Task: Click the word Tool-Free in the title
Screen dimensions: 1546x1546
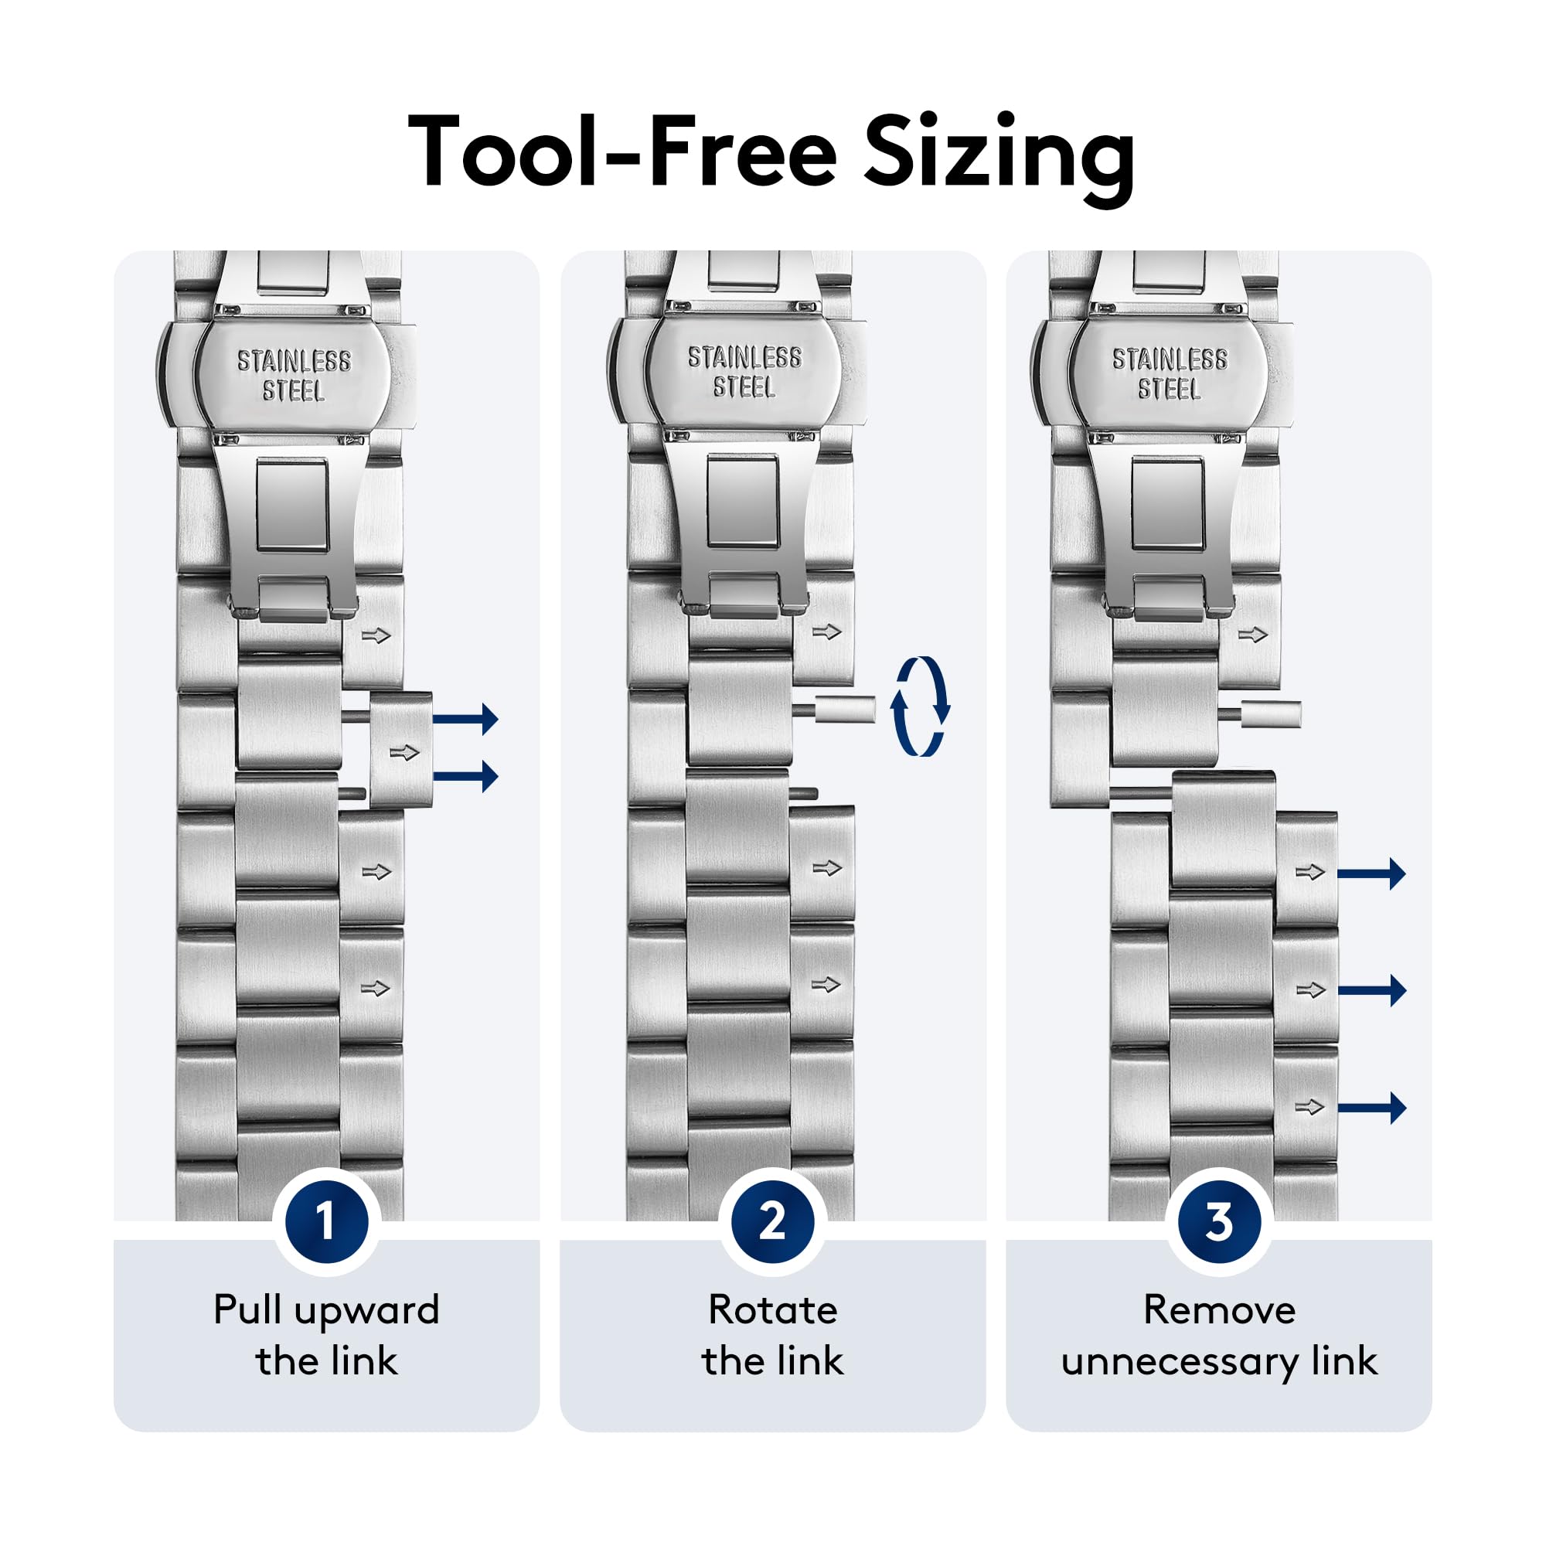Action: (x=622, y=152)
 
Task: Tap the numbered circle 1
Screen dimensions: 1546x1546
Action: (x=325, y=1221)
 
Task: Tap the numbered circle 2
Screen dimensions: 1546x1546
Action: (x=772, y=1221)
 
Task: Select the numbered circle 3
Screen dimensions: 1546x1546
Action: (x=1219, y=1221)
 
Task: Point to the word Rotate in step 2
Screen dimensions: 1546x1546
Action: (x=773, y=1310)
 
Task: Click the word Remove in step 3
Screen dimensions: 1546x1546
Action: (x=1219, y=1310)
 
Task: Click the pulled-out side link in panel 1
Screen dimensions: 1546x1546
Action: (x=401, y=750)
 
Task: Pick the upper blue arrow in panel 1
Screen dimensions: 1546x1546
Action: (x=465, y=718)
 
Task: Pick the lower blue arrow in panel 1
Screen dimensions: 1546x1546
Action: (x=465, y=775)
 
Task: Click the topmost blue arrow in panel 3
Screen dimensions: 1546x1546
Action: (x=1371, y=873)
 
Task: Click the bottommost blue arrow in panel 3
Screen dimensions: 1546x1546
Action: (x=1371, y=1108)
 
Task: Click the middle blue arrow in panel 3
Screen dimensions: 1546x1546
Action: (x=1371, y=991)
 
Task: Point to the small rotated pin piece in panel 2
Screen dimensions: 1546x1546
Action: (x=845, y=709)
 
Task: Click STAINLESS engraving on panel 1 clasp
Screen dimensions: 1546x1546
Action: (x=294, y=361)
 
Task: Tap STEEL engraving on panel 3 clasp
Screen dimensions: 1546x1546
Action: (x=1169, y=389)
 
